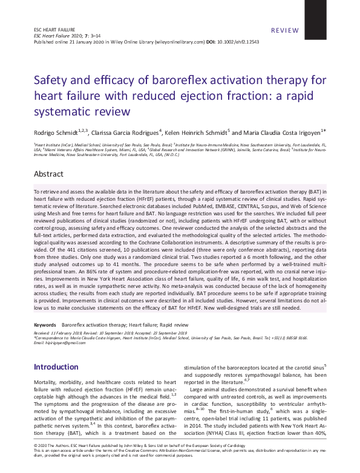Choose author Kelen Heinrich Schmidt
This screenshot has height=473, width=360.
[194, 133]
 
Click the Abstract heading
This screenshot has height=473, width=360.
[48, 174]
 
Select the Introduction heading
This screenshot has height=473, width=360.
[56, 367]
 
